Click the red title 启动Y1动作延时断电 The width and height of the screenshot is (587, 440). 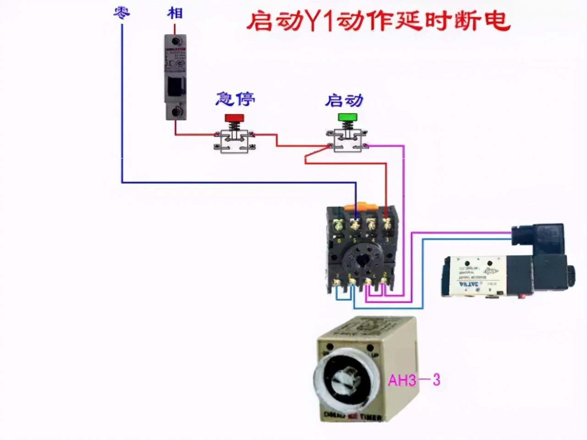(x=378, y=21)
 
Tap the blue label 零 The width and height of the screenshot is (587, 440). (x=122, y=12)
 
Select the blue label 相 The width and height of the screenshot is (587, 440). (x=175, y=12)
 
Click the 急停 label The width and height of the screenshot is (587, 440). (x=235, y=99)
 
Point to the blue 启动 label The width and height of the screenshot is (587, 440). (x=344, y=100)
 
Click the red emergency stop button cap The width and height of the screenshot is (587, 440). (x=234, y=118)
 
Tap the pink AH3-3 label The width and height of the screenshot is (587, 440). (x=414, y=380)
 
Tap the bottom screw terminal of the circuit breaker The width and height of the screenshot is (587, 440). (x=176, y=111)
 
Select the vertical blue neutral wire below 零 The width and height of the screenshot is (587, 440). (x=122, y=105)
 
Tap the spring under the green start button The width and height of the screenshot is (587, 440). (x=347, y=126)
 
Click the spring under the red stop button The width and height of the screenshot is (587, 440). (x=234, y=126)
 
